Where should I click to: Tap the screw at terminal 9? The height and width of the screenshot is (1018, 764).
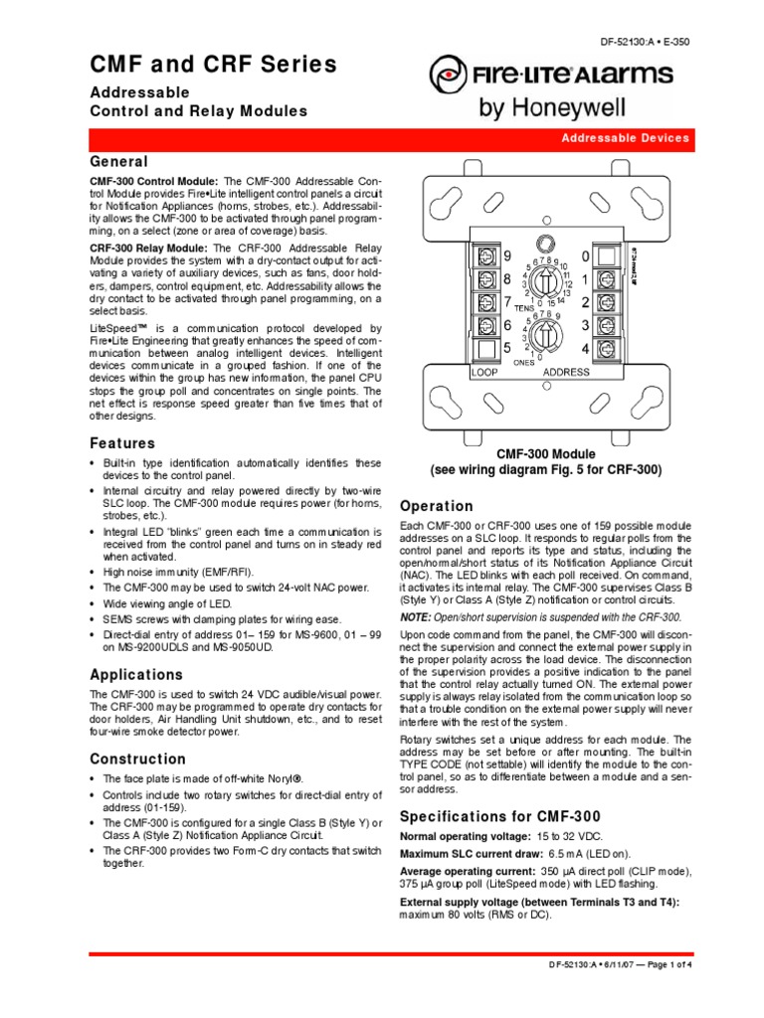pyautogui.click(x=487, y=254)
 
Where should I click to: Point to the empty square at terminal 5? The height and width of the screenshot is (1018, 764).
pyautogui.click(x=487, y=348)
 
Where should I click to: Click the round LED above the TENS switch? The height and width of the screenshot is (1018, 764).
pyautogui.click(x=544, y=243)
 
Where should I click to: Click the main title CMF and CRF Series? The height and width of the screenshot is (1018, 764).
pyautogui.click(x=213, y=66)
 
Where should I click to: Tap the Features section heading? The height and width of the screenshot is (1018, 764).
pyautogui.click(x=122, y=442)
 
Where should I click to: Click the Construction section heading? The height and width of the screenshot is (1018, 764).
pyautogui.click(x=137, y=759)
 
